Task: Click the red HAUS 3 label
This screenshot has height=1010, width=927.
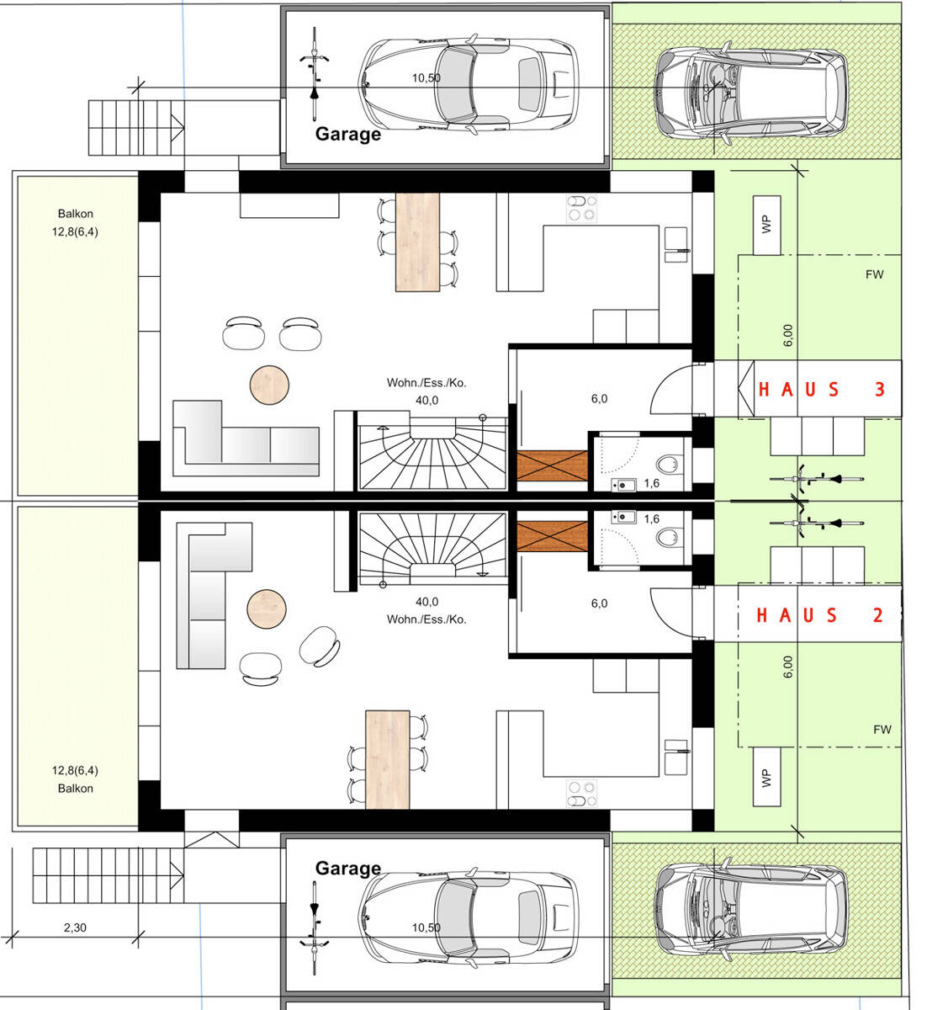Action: pos(821,390)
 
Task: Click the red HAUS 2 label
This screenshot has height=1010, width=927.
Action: pos(819,615)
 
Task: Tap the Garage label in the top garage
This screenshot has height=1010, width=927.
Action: pos(347,134)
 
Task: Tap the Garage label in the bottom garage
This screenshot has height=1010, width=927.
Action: pos(347,868)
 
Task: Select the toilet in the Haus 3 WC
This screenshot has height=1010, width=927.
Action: pos(670,464)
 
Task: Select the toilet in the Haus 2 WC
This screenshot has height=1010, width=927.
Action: pos(670,537)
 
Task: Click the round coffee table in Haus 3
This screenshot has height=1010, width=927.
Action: pos(269,385)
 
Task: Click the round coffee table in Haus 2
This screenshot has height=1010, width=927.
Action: pos(266,609)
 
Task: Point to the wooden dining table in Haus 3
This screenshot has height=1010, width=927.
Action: pos(417,242)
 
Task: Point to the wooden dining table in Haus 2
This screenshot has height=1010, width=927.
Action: pos(387,760)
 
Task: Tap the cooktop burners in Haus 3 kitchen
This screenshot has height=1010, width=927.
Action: pos(582,209)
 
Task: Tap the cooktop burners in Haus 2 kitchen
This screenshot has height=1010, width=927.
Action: pos(582,794)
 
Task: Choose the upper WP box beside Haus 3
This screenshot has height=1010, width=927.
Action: pos(766,225)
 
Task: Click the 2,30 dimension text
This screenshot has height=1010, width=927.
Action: pos(75,928)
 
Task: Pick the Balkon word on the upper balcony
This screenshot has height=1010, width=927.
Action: pos(76,214)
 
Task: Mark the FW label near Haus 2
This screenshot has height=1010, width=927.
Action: pos(882,729)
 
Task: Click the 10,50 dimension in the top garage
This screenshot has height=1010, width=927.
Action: pos(426,78)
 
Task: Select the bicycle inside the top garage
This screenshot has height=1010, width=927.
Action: pos(314,73)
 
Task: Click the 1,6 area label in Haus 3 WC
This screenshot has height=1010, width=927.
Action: pos(652,483)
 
